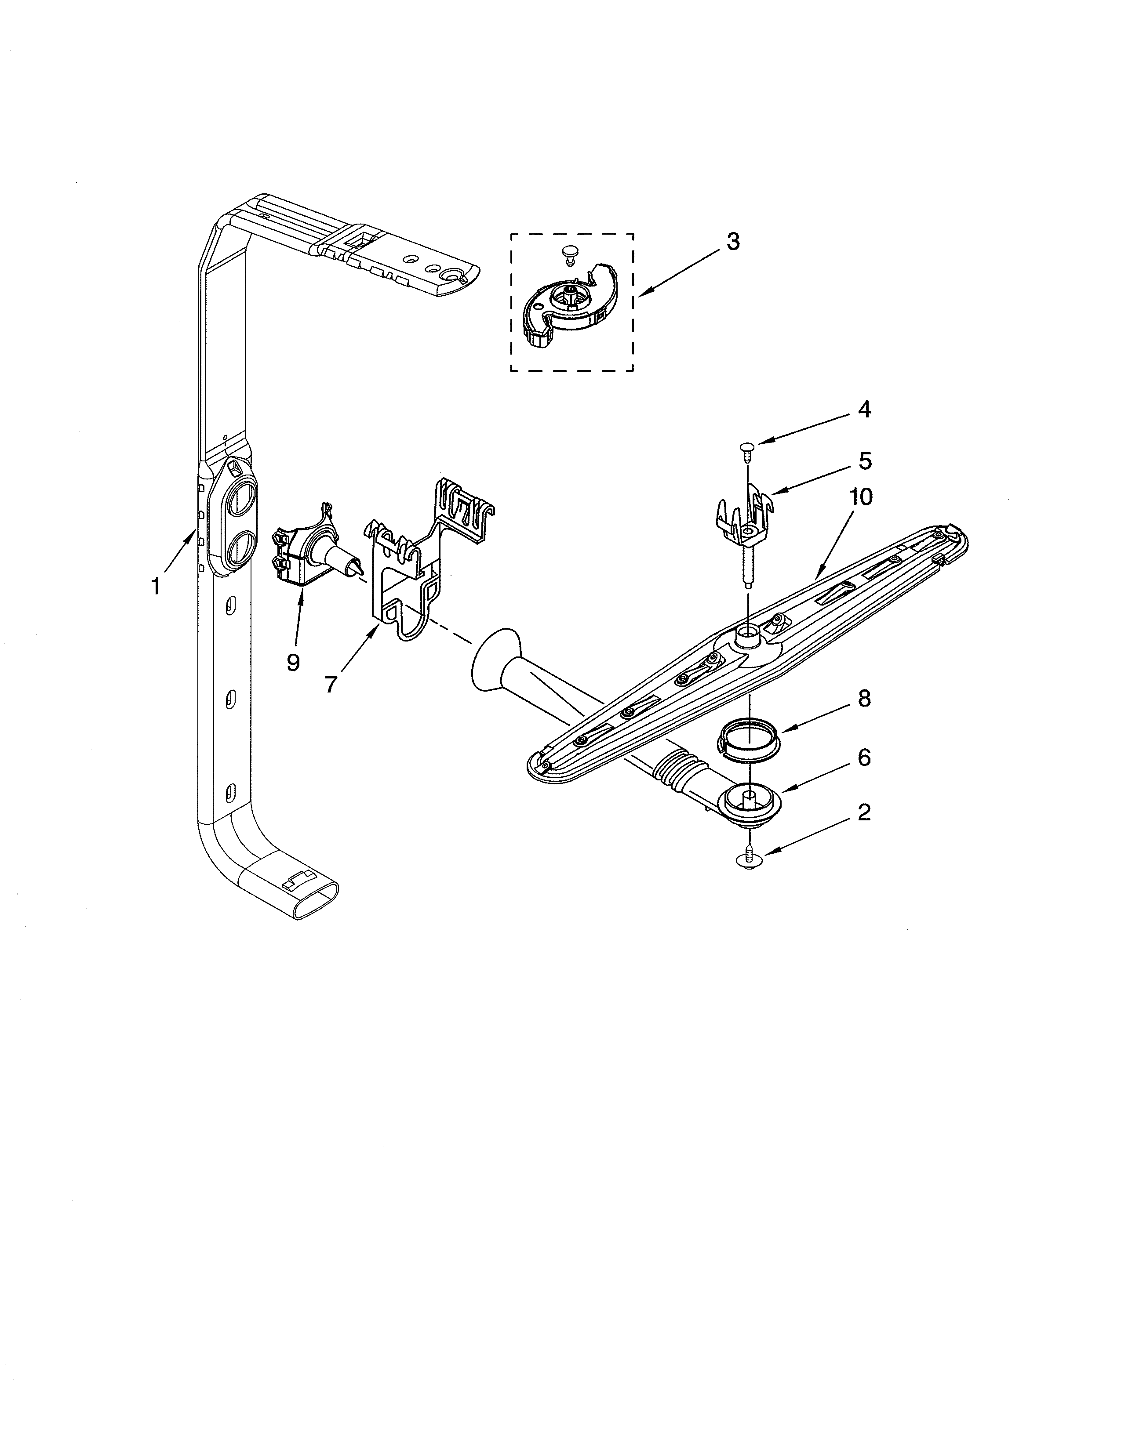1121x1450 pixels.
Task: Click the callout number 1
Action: pos(155,586)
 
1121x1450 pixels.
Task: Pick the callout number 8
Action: pos(863,699)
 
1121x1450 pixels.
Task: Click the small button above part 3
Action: pos(568,252)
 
